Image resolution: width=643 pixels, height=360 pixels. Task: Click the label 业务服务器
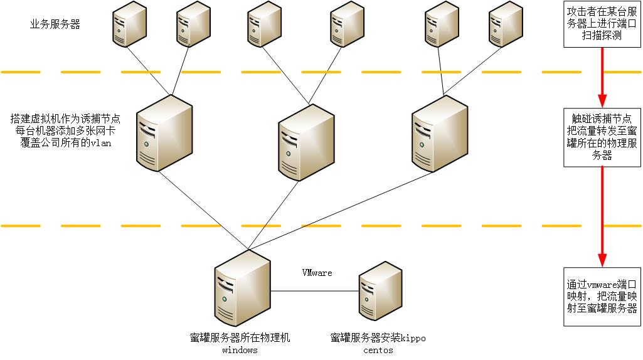pos(55,24)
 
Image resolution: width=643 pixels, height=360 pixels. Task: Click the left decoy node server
pos(164,134)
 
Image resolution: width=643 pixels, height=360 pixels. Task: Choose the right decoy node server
pos(440,133)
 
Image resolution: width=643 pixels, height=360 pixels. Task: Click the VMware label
pos(317,273)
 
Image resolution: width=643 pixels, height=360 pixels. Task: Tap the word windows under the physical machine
pos(240,350)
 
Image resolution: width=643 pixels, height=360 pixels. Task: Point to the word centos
pos(378,350)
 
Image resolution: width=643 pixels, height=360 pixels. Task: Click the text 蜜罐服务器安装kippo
pos(378,338)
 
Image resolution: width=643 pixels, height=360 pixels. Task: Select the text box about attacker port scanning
pos(602,24)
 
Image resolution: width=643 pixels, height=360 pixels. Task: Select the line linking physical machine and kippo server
pos(314,291)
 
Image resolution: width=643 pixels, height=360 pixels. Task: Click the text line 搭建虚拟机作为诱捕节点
pos(65,119)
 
